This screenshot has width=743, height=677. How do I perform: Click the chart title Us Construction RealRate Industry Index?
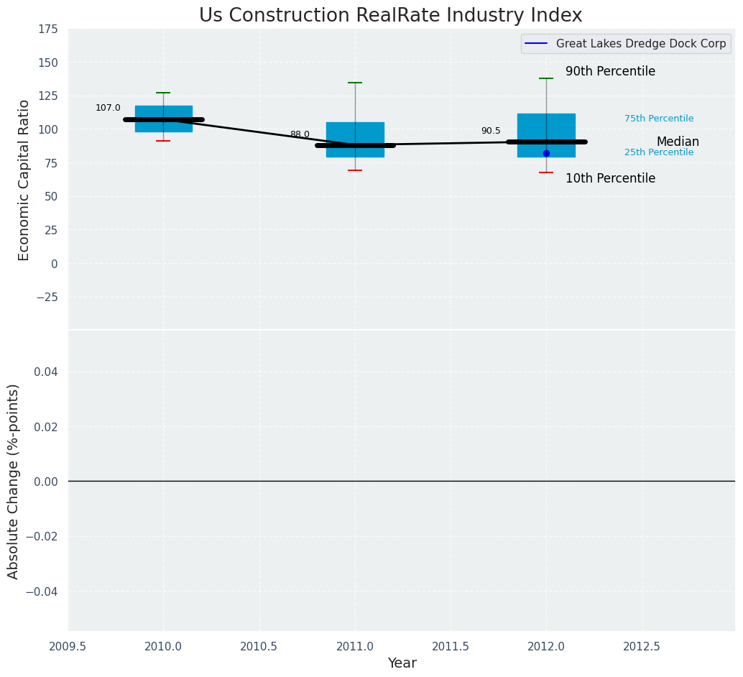390,16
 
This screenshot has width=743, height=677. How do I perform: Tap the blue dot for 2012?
546,153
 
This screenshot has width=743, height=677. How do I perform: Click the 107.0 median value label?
108,108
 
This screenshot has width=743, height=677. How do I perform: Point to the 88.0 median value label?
300,134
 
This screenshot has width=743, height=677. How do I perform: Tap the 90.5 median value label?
491,131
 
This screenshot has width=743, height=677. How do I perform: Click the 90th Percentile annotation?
610,72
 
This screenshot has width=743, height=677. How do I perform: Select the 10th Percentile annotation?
610,179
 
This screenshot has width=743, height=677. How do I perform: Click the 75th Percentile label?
659,119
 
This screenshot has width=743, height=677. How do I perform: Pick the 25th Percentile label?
659,152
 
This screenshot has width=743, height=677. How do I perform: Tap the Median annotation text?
678,142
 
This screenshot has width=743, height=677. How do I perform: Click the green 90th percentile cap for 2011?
355,83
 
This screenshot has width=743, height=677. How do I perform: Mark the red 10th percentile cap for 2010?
163,141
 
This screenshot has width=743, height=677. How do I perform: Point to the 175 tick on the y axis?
48,29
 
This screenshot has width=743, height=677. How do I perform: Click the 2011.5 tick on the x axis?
451,646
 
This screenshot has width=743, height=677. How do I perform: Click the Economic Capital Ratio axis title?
24,180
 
